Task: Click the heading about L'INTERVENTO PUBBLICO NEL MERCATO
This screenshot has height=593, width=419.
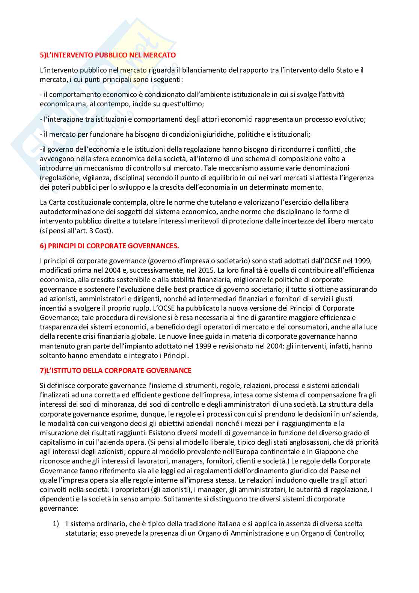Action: [x=108, y=55]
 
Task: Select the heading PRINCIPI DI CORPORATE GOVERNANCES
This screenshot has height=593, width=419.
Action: [x=109, y=246]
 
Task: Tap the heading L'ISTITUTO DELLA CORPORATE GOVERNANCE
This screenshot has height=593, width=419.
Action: [x=116, y=370]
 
